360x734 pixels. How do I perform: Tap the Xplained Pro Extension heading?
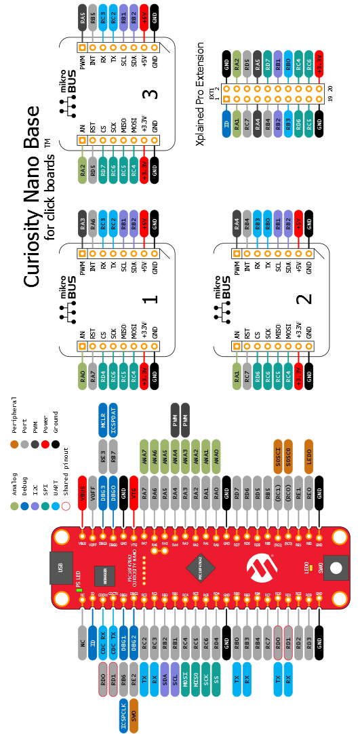tap(201, 94)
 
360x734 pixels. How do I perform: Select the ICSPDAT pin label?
tap(114, 420)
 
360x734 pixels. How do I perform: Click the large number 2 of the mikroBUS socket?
tap(306, 298)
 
